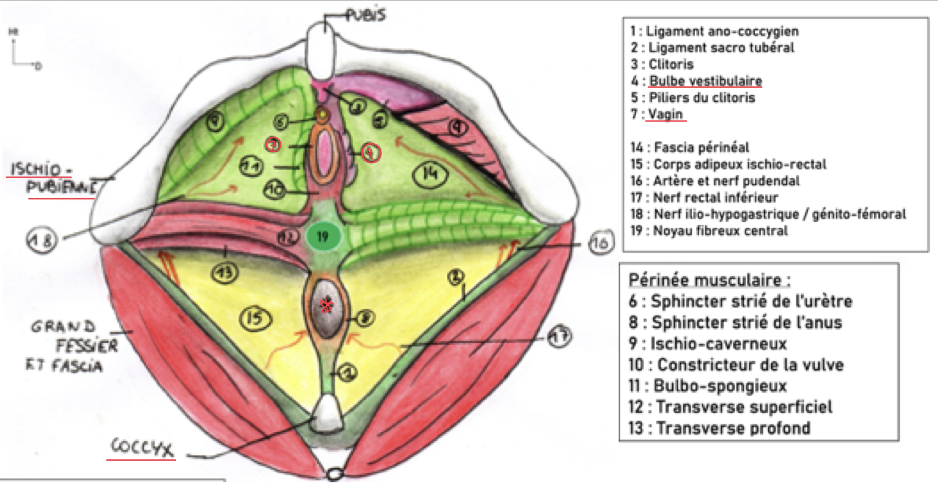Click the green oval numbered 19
coord(323,237)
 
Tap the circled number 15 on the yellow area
coord(255,318)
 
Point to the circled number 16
coord(600,243)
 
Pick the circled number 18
coord(42,240)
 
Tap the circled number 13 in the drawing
coord(225,273)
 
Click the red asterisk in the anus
coord(326,305)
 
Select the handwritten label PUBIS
coord(365,15)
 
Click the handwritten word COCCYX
coord(142,447)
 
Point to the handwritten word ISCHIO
coord(37,170)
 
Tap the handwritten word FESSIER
coord(87,346)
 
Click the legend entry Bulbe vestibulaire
coord(705,81)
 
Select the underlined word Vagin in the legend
coord(665,114)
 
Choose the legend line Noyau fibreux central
coord(720,231)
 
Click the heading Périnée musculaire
coord(709,280)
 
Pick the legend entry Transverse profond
coord(733,428)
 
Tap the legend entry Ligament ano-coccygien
coord(722,31)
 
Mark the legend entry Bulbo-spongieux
coord(720,386)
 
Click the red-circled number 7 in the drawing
coord(273,145)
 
